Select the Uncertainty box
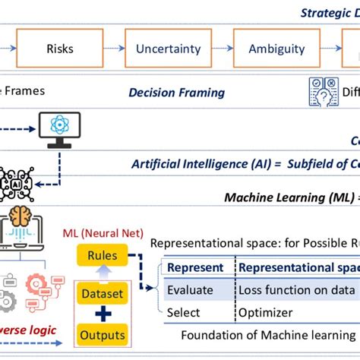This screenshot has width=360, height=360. [168, 49]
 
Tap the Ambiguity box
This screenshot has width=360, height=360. [276, 49]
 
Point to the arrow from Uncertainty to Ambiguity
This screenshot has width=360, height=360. [222, 49]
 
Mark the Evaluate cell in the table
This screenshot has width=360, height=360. [190, 289]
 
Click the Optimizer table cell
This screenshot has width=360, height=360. [266, 312]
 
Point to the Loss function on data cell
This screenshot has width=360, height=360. [296, 289]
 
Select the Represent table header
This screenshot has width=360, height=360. [194, 267]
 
